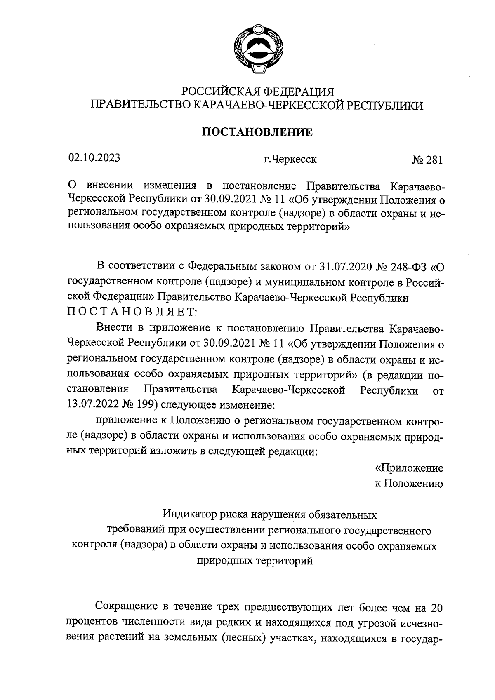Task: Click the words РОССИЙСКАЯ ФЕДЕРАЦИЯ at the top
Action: pyautogui.click(x=258, y=91)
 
